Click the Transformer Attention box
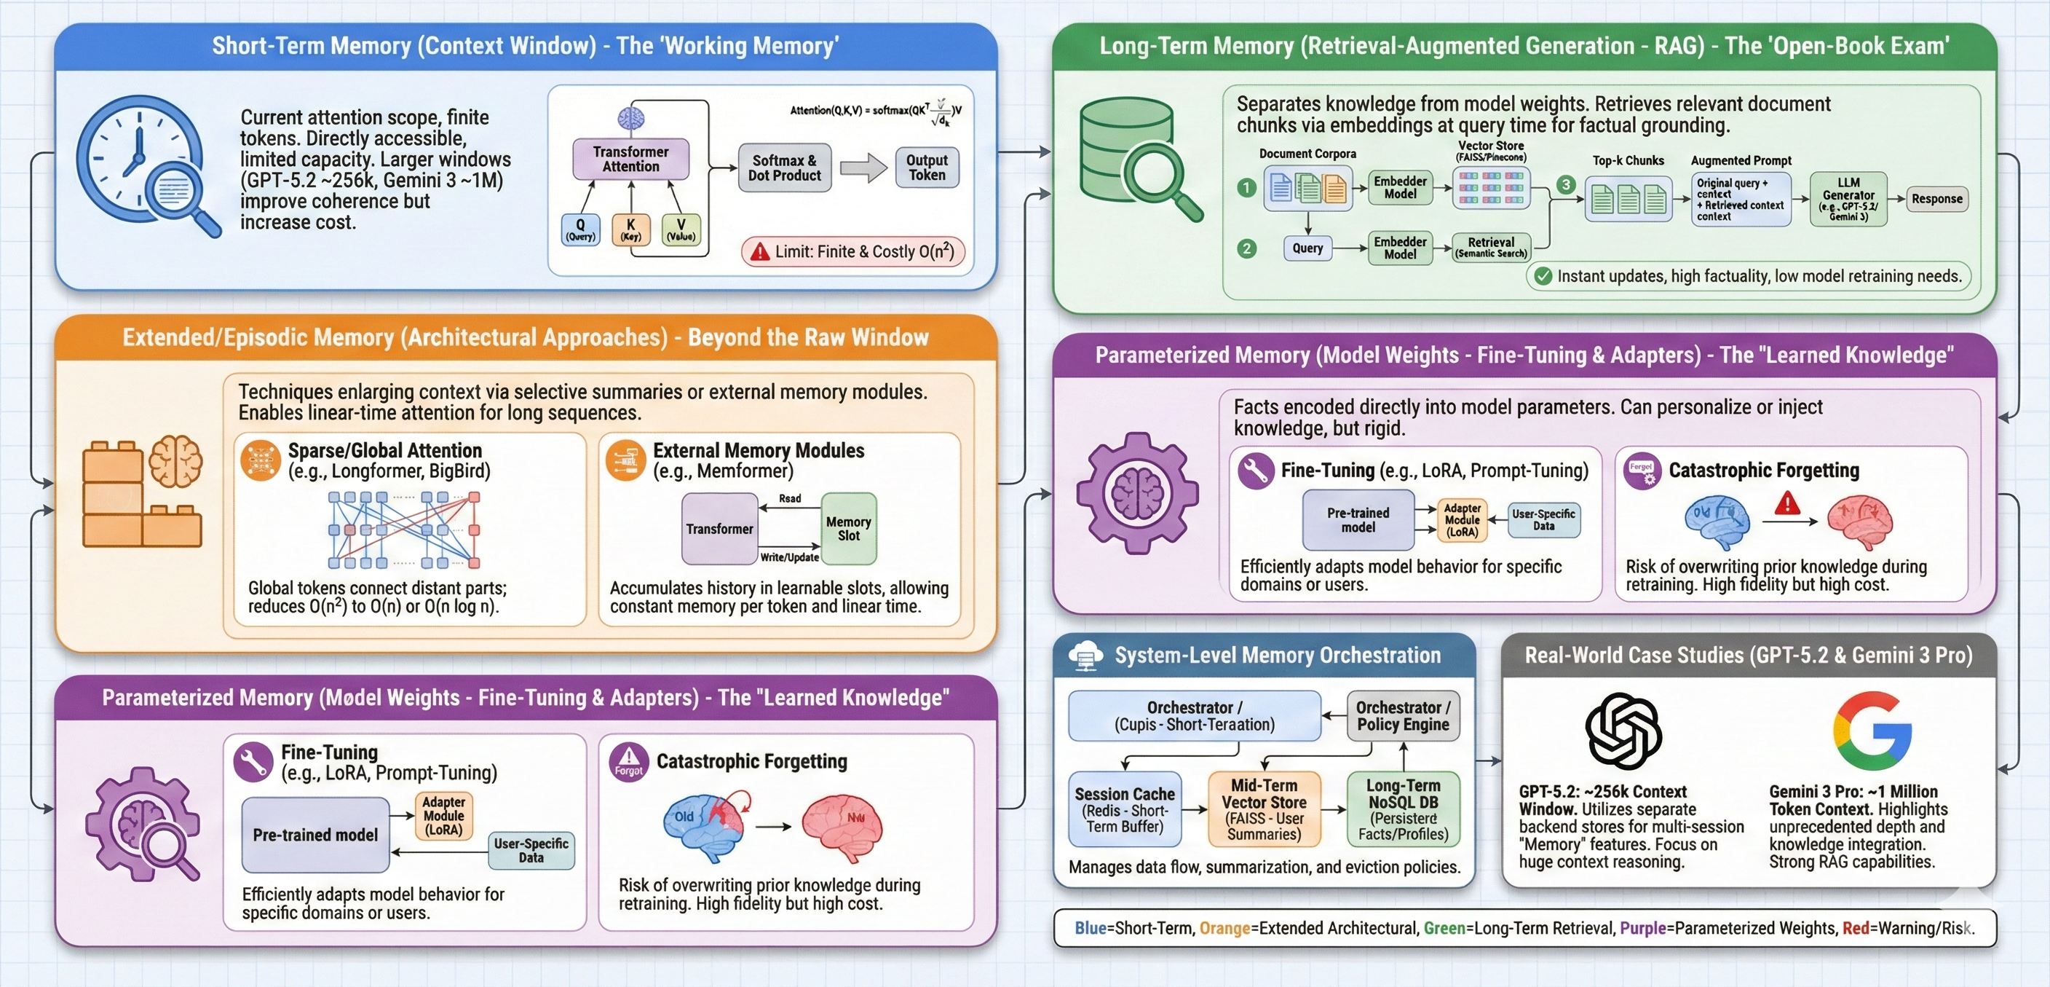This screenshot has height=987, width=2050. point(630,160)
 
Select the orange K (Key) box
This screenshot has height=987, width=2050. point(630,230)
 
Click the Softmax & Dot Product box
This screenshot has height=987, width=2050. point(784,168)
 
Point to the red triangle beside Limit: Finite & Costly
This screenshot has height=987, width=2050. point(761,251)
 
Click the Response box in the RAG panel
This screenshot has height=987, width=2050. point(1936,199)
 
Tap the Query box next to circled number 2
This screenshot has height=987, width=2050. point(1307,248)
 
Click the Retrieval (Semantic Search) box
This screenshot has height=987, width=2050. point(1491,248)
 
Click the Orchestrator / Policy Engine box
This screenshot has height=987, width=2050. point(1403,715)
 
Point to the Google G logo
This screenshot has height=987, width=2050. point(1872,731)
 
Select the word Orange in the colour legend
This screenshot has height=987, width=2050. point(1224,928)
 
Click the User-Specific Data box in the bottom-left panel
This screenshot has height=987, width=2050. point(531,850)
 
